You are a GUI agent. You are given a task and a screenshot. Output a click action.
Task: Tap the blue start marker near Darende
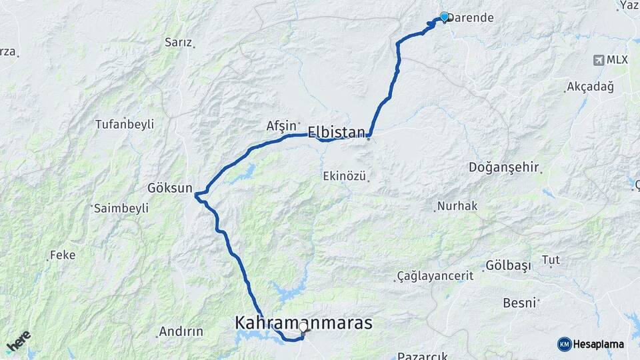(x=445, y=17)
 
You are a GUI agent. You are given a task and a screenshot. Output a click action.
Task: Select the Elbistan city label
(x=337, y=132)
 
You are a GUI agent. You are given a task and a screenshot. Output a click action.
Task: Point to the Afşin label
(x=281, y=125)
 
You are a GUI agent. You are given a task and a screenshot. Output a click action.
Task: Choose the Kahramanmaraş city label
(x=303, y=323)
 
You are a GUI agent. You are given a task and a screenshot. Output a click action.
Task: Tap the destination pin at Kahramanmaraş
(x=304, y=327)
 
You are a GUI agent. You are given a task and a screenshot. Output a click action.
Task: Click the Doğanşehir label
(x=504, y=167)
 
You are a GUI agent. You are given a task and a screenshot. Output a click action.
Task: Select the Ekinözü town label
(x=345, y=176)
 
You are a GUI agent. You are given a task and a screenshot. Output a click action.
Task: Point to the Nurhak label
(x=457, y=206)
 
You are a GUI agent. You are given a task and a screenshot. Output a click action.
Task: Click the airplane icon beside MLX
(x=598, y=60)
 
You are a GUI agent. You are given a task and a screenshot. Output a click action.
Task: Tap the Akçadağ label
(x=589, y=87)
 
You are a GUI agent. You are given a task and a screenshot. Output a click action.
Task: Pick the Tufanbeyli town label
(x=125, y=124)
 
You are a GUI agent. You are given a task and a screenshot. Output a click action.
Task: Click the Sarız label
(x=178, y=42)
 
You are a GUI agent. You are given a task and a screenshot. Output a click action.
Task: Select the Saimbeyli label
(x=121, y=208)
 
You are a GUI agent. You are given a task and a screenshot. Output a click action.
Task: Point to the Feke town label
(x=63, y=255)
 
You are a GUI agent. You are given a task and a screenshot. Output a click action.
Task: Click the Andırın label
(x=181, y=331)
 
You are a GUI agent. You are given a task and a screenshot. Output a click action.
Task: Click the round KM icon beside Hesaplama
(x=564, y=344)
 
